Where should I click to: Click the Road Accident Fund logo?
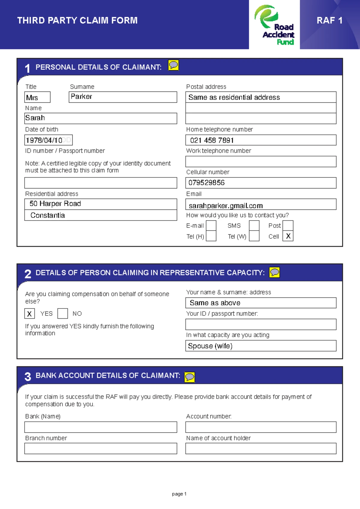[274, 25]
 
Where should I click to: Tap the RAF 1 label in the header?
[329, 20]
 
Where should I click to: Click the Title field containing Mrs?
[37, 97]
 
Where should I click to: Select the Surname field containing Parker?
[123, 97]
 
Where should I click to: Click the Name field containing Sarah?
[100, 118]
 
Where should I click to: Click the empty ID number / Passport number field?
[100, 183]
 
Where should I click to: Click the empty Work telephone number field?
[261, 161]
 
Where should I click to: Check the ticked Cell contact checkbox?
[288, 236]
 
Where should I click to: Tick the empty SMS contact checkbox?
[254, 226]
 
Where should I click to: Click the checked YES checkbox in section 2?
[29, 314]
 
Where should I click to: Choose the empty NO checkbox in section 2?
[62, 314]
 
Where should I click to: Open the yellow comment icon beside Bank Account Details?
[190, 377]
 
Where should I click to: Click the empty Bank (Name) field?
[100, 427]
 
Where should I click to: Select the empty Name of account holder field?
[261, 448]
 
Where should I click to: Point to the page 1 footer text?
[179, 494]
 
